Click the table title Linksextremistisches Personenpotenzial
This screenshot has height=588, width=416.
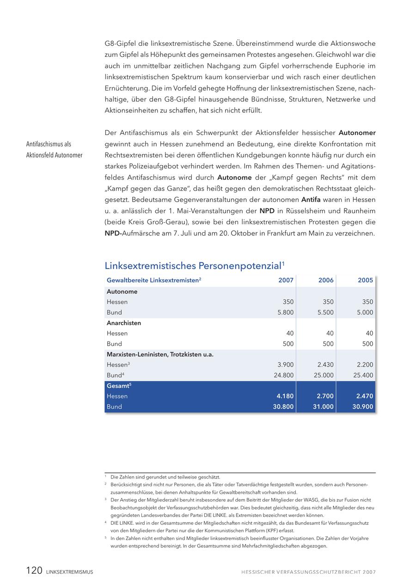coord(193,266)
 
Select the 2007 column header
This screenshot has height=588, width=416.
coord(286,280)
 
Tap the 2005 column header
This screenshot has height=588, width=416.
coord(365,280)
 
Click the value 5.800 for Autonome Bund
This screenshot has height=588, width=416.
coord(285,312)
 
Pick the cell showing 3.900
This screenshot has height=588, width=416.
coord(285,365)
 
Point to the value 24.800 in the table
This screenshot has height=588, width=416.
coord(283,375)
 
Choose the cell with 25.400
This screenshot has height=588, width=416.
coord(363,375)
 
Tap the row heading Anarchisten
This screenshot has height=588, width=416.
coord(124,323)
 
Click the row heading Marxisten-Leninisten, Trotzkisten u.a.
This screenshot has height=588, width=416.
coord(160,355)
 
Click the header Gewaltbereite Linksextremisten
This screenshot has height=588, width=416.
coord(153,280)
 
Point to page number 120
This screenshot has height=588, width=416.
coord(34,571)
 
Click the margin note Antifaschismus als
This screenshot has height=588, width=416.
coord(49,144)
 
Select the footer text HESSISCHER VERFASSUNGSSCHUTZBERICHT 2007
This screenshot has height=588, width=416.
coord(308,572)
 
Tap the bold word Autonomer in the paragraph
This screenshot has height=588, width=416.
coord(357,133)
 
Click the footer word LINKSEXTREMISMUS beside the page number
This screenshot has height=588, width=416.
coord(69,572)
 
